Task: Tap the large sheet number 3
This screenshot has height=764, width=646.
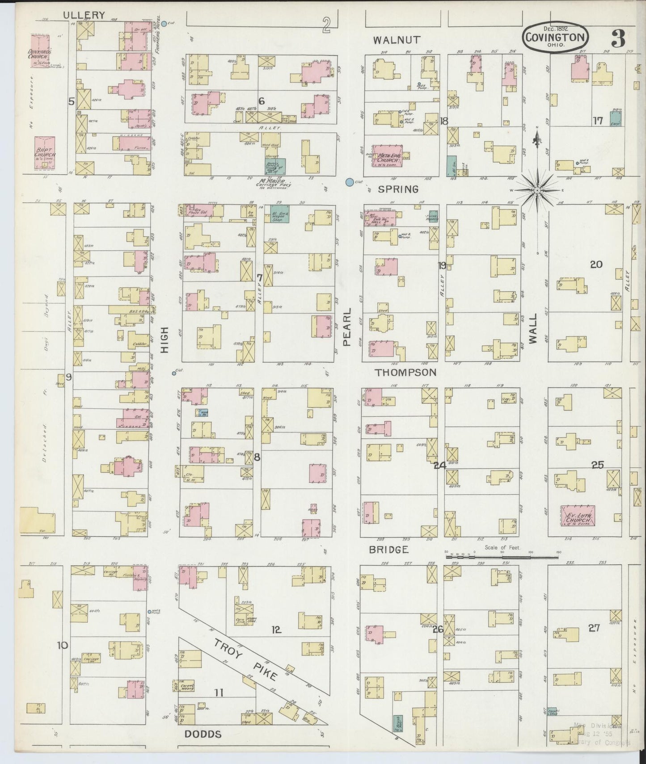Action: coord(618,39)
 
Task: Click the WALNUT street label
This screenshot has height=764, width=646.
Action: coord(397,40)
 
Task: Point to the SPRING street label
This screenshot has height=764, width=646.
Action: coord(398,189)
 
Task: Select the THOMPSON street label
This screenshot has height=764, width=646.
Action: coord(405,372)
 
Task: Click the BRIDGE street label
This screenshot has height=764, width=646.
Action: coord(388,550)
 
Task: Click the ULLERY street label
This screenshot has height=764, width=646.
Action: coord(84,15)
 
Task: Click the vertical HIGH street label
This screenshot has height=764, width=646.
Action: coord(165,340)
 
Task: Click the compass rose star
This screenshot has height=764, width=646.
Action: coord(537,190)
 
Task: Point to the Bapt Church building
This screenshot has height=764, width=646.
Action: coord(45,153)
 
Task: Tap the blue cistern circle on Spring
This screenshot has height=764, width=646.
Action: coord(349,182)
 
